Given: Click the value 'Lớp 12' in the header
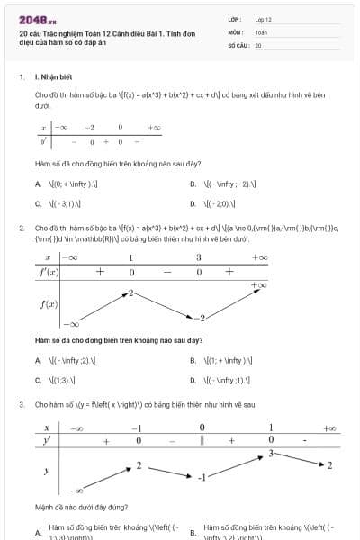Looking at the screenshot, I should coord(263,19).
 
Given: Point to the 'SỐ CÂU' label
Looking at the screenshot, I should coord(238,43).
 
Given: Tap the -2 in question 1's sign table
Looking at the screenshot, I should coord(90,128).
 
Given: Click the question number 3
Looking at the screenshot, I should coord(21,405).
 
